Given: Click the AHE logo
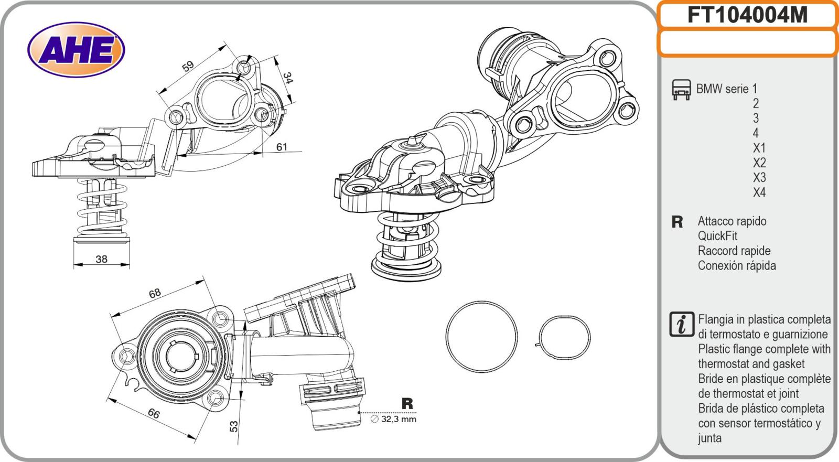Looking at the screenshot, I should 76,50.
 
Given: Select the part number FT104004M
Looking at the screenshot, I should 747,16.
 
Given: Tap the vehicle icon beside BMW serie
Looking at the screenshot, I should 681,90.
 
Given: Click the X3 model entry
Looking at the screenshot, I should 759,177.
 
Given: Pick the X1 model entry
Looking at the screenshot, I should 759,148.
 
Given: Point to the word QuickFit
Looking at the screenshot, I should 717,236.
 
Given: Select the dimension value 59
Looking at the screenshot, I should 188,66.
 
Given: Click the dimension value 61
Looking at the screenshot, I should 282,147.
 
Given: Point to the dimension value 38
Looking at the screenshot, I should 101,259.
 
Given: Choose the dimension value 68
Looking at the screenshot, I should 155,293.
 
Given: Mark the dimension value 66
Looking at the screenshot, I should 153,413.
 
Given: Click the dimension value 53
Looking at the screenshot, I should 234,426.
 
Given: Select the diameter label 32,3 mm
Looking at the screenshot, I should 397,419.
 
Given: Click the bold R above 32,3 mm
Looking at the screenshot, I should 407,404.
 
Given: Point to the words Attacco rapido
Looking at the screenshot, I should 732,221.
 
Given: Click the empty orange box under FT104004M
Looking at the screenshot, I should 747,43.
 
